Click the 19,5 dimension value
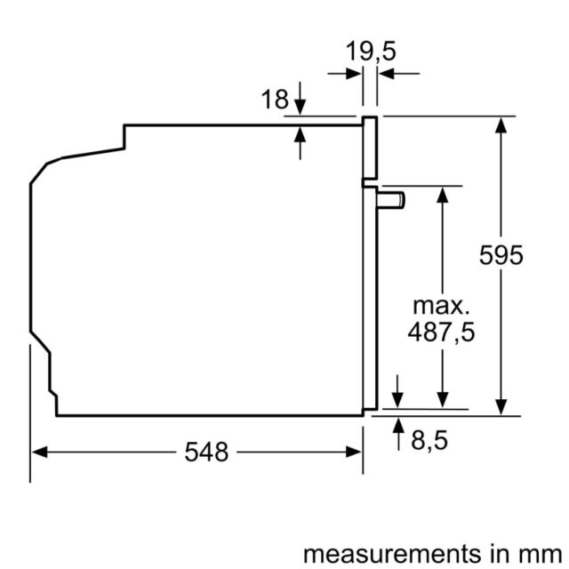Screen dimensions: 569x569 pyautogui.click(x=371, y=52)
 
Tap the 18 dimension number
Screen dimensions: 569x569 pyautogui.click(x=275, y=99)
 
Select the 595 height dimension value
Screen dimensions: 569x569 pyautogui.click(x=501, y=255)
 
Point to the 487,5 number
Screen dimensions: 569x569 pyautogui.click(x=441, y=332)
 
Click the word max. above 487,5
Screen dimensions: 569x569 pyautogui.click(x=441, y=306)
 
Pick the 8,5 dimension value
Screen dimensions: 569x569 pyautogui.click(x=429, y=440)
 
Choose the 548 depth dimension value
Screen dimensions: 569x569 pyautogui.click(x=206, y=453)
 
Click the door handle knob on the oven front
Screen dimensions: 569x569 pyautogui.click(x=391, y=201)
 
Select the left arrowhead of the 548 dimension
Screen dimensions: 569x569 pyautogui.click(x=39, y=453)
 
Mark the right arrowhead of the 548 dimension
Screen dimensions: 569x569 pyautogui.click(x=354, y=453)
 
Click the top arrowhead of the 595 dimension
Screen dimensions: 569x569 pyautogui.click(x=501, y=125)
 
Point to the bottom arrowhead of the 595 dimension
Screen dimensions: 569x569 pyautogui.click(x=501, y=407)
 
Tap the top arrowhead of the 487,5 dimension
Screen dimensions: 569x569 pyautogui.click(x=443, y=195)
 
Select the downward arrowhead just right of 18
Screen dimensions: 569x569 pyautogui.click(x=300, y=108)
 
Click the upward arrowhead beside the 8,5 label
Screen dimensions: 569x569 pyautogui.click(x=398, y=425)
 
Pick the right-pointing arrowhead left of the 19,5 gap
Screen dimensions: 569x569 pyautogui.click(x=354, y=74)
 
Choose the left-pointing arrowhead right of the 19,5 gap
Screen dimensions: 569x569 pyautogui.click(x=386, y=74)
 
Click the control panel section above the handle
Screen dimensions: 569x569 pyautogui.click(x=370, y=148)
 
